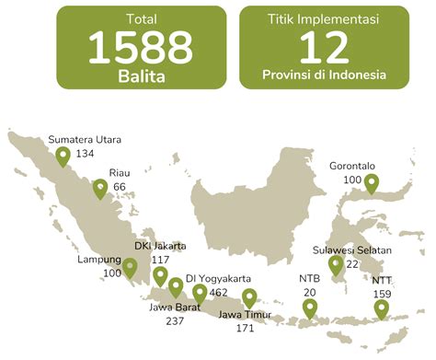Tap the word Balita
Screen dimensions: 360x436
141,77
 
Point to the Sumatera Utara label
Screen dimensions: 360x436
85,140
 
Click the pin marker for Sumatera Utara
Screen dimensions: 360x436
63,157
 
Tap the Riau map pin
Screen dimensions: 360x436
98,190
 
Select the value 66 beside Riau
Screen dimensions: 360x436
120,187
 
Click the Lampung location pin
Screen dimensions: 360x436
130,269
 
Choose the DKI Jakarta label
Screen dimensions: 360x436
160,246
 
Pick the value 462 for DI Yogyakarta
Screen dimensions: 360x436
219,292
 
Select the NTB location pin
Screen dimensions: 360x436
309,309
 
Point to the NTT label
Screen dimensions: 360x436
381,279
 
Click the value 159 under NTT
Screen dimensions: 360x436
383,294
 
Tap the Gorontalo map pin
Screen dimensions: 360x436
372,184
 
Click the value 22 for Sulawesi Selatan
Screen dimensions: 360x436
352,264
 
